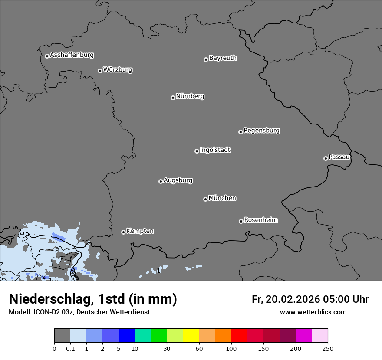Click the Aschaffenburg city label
[x=72, y=55]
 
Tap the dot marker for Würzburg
[x=100, y=71]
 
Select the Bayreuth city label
[x=223, y=58]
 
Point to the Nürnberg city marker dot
[x=173, y=98]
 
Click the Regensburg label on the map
[x=261, y=131]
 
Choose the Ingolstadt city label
[x=215, y=150]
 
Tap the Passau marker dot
[x=326, y=158]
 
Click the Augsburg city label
[x=178, y=180]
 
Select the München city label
[x=222, y=198]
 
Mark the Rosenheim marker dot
[x=241, y=222]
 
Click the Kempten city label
[x=140, y=231]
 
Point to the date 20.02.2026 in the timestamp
[x=293, y=299]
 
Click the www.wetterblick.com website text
[x=313, y=312]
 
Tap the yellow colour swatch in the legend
[x=191, y=336]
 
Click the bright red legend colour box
[x=239, y=336]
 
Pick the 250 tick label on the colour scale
[x=328, y=349]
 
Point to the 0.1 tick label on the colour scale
[x=70, y=349]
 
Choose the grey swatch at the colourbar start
[x=62, y=336]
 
